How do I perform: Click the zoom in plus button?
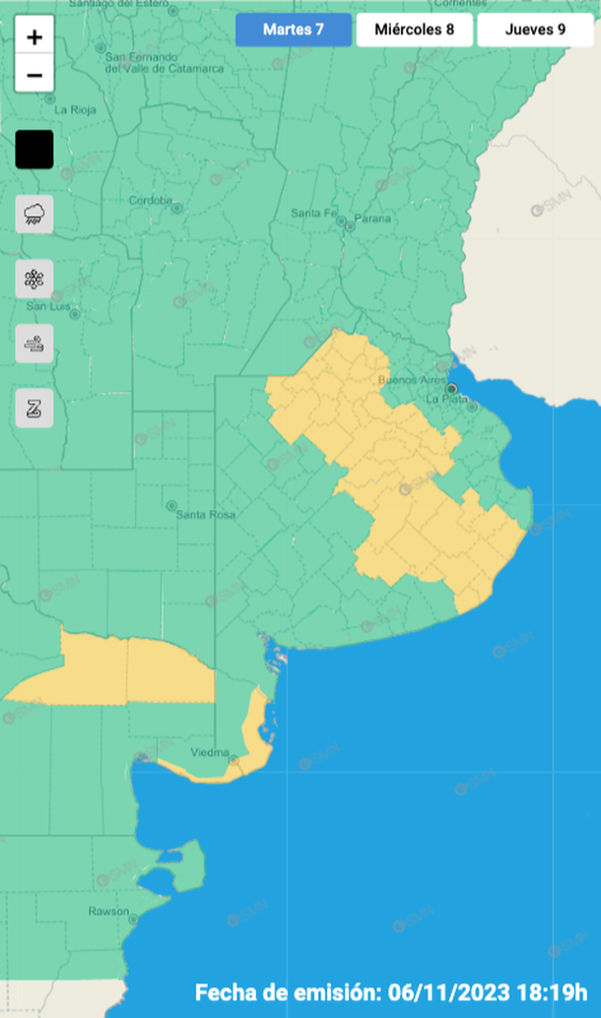coord(34,38)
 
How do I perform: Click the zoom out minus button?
coord(34,75)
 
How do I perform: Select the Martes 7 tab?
coord(294,30)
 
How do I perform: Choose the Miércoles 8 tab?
coord(415,30)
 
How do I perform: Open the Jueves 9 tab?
coord(535,30)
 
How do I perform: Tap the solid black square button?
coord(34,150)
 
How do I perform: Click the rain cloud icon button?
coord(34,213)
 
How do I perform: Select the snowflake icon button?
coord(34,279)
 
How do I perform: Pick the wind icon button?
coord(34,344)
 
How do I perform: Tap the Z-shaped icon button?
coord(34,408)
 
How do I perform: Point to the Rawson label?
coord(107,911)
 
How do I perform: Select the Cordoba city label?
coord(151,201)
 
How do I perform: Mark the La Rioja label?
coord(76,110)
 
